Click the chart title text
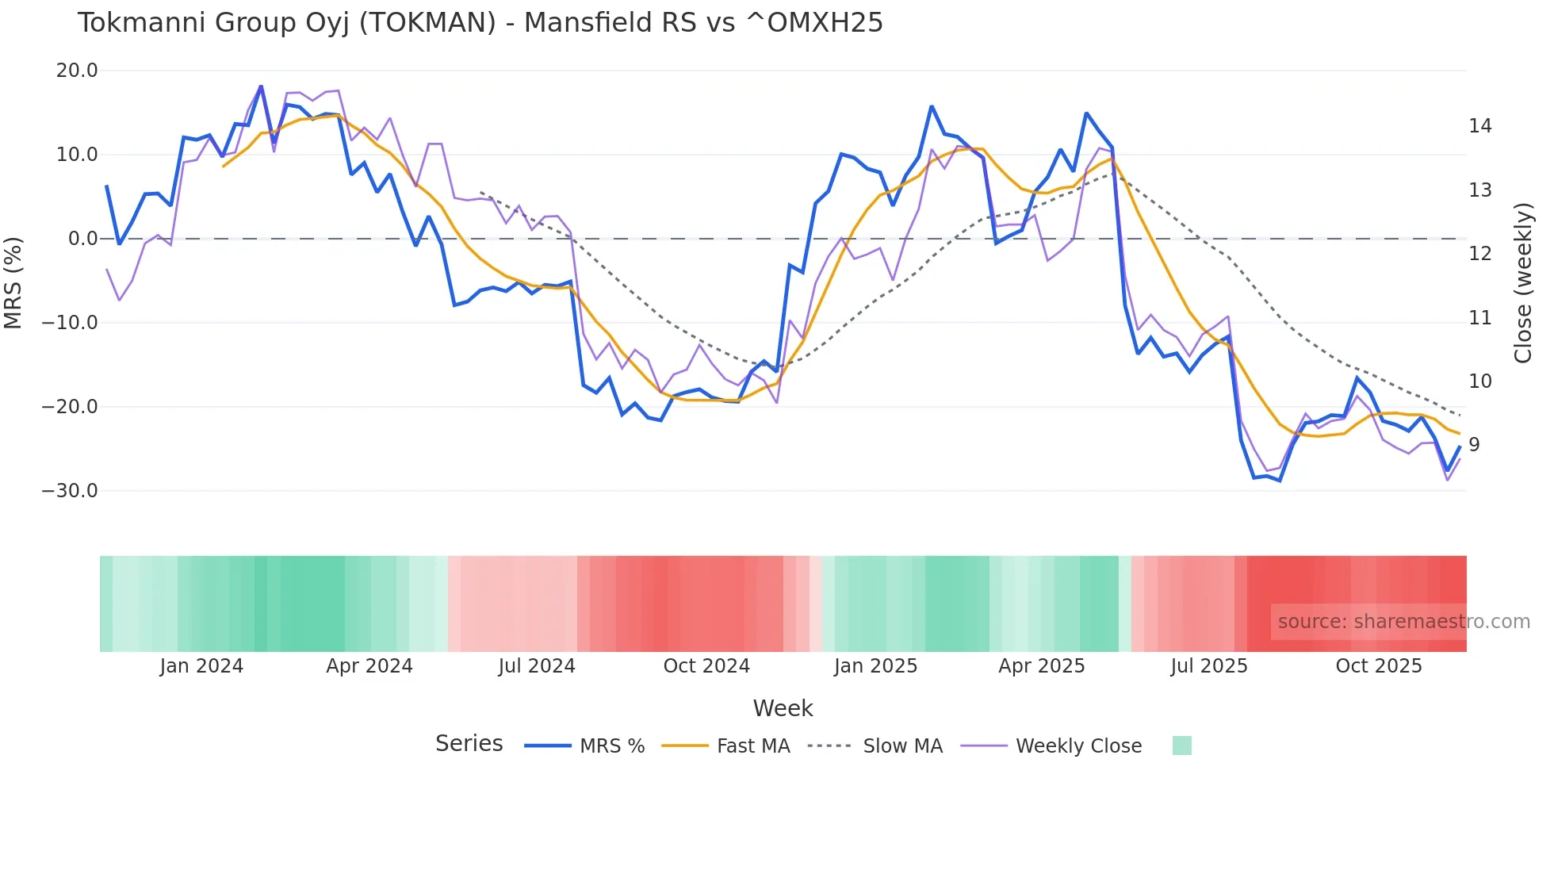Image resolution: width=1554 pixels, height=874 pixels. [x=480, y=23]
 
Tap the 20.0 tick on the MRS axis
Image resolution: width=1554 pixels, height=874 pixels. [x=77, y=71]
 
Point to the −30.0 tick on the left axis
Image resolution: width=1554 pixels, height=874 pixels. [x=70, y=491]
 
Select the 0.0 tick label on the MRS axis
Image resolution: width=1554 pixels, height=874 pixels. [x=82, y=239]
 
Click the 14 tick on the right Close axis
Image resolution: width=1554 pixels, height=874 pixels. [x=1479, y=126]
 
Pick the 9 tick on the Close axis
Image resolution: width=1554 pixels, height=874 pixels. [x=1474, y=445]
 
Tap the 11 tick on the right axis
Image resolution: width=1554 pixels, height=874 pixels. [x=1479, y=318]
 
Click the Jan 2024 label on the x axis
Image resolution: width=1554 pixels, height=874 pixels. [x=201, y=666]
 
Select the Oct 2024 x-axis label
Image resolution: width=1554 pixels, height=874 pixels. [x=706, y=666]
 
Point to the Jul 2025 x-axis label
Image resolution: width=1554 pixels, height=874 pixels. [x=1209, y=666]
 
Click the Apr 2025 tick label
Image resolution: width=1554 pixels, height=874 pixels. [x=1041, y=666]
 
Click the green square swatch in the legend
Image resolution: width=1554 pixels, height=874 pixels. [x=1181, y=746]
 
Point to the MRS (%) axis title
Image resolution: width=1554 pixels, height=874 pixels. [x=13, y=282]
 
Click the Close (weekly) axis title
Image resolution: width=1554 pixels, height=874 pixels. [x=1523, y=282]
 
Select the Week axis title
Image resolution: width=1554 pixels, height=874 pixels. [x=783, y=708]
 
